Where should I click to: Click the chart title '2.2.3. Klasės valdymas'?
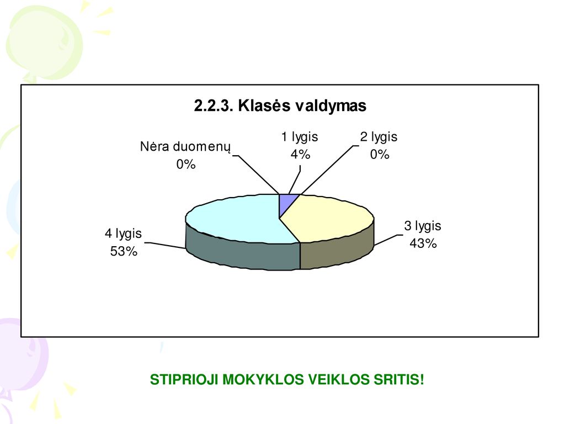click(280, 106)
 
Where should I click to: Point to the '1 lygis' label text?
click(300, 137)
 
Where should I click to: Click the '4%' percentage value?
click(301, 155)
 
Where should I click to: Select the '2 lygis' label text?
click(379, 137)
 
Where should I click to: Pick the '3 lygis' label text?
click(423, 226)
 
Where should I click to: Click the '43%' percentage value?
click(423, 243)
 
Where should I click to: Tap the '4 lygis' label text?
click(123, 234)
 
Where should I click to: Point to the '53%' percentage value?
click(124, 251)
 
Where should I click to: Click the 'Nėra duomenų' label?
click(185, 147)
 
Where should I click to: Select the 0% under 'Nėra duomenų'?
click(186, 165)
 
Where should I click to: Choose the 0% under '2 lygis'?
click(380, 155)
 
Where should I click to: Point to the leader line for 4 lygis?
click(165, 246)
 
